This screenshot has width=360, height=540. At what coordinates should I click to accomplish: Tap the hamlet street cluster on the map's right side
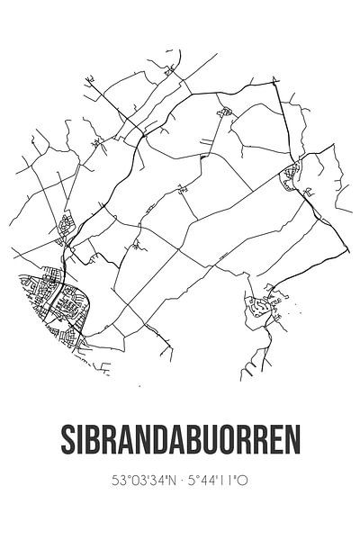click(292, 175)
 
